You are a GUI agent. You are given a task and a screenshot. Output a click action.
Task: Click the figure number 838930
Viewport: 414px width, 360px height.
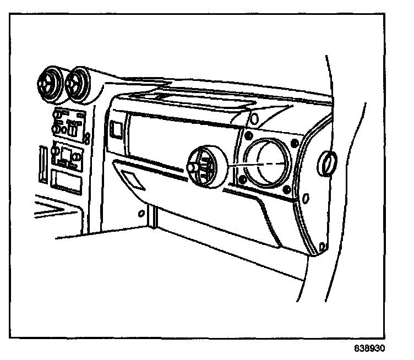click(370, 349)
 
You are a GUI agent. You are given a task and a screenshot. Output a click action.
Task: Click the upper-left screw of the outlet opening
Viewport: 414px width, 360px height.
click(249, 135)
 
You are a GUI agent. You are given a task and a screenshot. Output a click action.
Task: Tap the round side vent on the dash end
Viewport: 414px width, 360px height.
click(328, 163)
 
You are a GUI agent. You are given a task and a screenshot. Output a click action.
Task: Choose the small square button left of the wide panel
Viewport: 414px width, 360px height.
click(116, 129)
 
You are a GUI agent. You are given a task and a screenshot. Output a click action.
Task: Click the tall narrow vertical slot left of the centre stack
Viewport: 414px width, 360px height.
click(42, 163)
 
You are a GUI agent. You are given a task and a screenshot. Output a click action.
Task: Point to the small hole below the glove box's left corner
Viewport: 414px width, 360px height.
click(141, 212)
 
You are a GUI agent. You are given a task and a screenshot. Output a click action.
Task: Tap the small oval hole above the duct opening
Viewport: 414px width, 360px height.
click(254, 118)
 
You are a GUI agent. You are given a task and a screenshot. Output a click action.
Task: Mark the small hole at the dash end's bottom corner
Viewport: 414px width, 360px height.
click(320, 246)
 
